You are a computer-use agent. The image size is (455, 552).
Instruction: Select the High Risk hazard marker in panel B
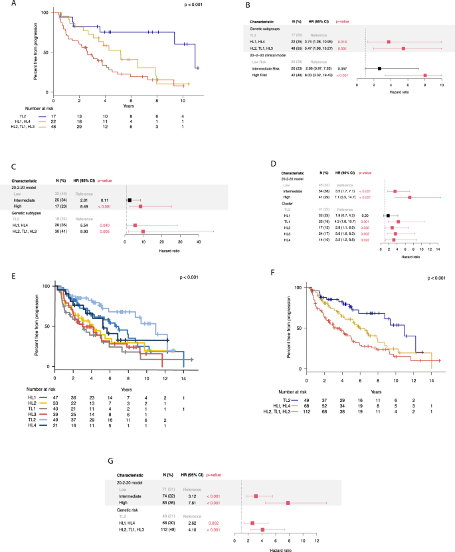point(424,76)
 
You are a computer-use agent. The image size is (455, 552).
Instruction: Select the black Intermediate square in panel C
point(130,199)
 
